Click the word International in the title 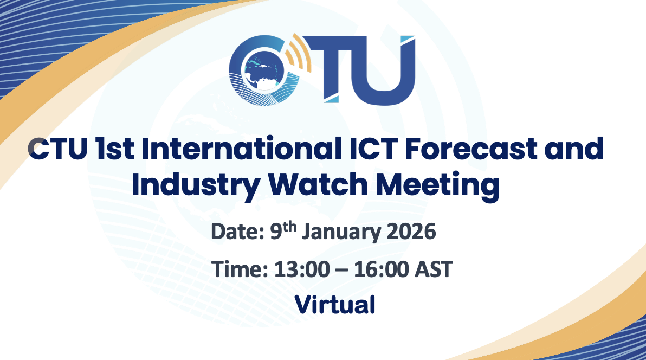(x=241, y=149)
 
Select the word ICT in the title (x=373, y=149)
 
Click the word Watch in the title (x=318, y=185)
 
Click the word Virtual (x=334, y=304)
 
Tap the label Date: (x=237, y=232)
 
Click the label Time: (x=240, y=269)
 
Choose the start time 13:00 (x=301, y=269)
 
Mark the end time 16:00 (x=381, y=269)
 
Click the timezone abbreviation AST (x=434, y=269)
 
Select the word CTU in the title (x=57, y=149)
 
